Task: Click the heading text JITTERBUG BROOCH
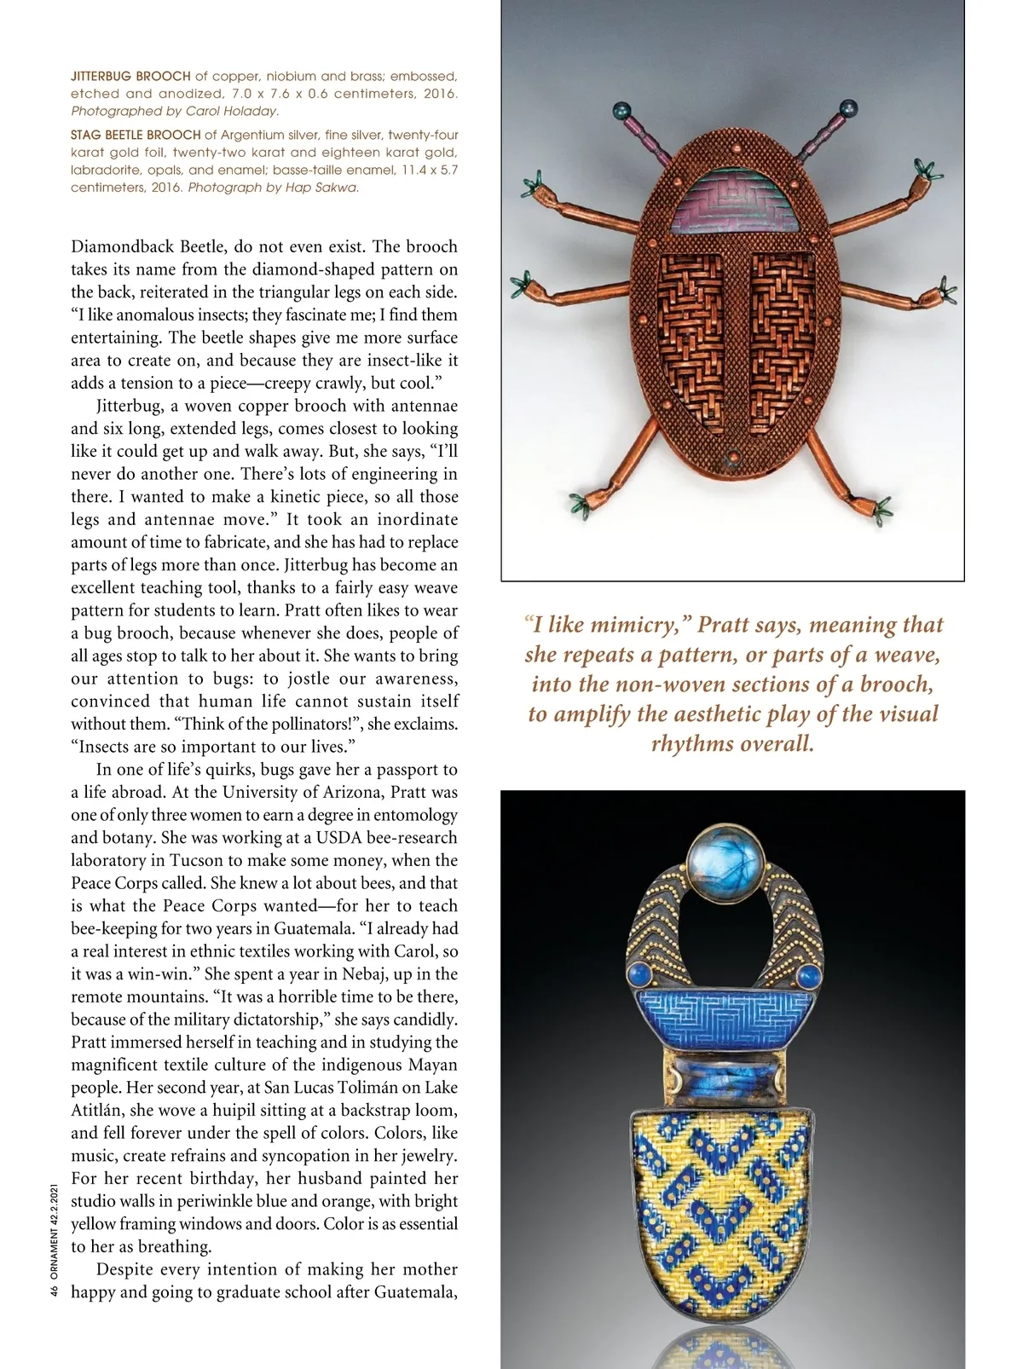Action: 130,76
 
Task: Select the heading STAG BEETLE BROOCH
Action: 136,135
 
